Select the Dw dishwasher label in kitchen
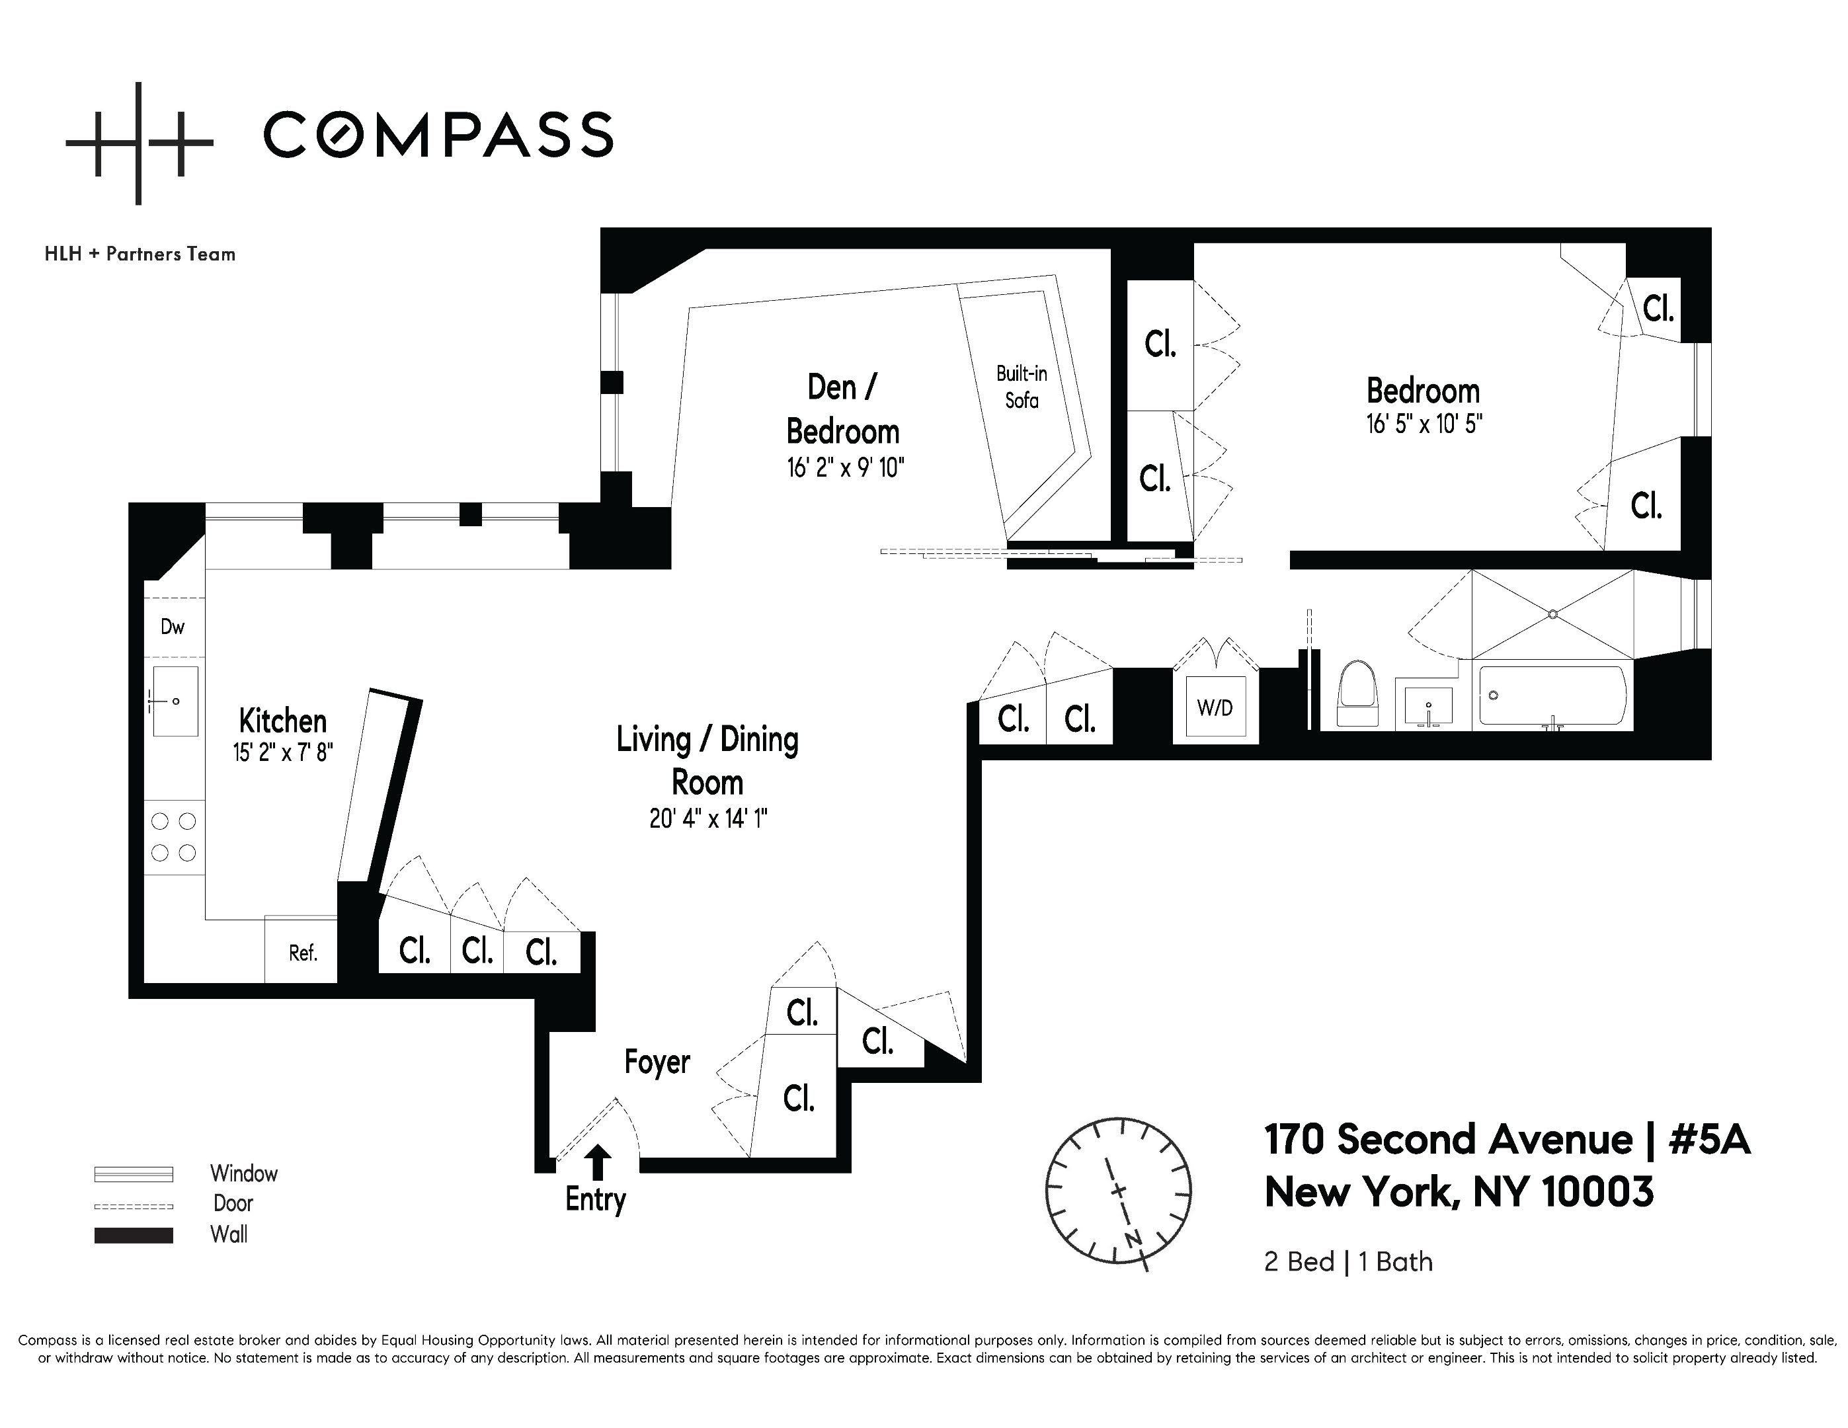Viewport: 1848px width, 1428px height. (173, 627)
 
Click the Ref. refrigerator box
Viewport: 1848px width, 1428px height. (302, 953)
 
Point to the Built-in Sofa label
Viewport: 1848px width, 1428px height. (1022, 387)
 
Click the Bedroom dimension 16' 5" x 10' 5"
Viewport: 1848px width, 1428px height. (1424, 424)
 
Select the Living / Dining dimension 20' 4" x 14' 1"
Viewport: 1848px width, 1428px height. (708, 819)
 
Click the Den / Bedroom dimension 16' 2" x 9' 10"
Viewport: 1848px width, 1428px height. (845, 467)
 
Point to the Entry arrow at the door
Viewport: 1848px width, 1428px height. (598, 1162)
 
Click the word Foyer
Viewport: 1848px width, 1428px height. (657, 1062)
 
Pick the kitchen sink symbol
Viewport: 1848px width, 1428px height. (175, 701)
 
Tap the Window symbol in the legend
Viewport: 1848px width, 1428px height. (134, 1174)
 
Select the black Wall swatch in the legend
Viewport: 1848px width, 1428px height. (134, 1235)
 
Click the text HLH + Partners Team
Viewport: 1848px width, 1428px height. (140, 254)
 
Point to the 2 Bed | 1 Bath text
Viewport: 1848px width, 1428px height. (1348, 1261)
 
